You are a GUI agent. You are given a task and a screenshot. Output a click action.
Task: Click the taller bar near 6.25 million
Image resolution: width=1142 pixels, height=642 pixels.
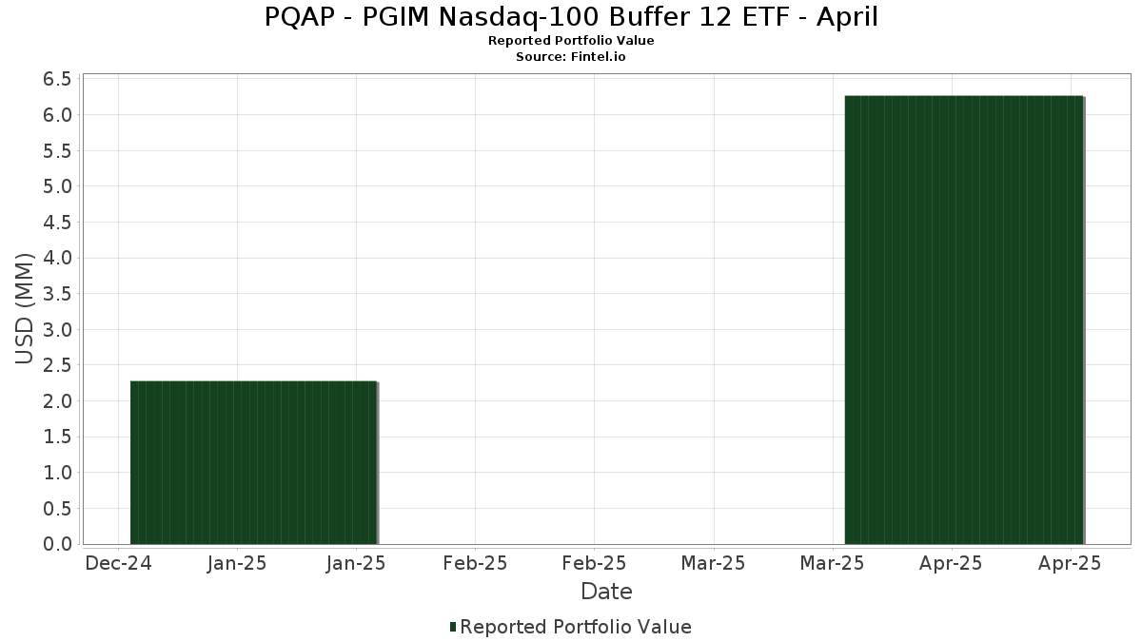(x=964, y=320)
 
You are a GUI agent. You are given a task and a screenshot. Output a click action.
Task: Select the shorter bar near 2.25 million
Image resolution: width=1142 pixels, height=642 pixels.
(x=254, y=462)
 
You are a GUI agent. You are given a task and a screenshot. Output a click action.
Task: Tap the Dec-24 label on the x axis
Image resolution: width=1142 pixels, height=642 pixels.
(x=119, y=563)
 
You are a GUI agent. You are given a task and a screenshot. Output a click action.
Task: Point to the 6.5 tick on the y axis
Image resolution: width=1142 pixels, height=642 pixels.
(x=57, y=79)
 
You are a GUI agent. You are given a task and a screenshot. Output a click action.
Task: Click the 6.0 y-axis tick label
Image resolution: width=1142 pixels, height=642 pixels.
(x=57, y=115)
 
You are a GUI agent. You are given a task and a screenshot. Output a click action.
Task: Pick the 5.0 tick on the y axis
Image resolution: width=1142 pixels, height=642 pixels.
(x=57, y=186)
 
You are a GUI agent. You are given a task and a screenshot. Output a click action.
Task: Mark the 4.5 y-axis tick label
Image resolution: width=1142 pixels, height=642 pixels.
(x=57, y=223)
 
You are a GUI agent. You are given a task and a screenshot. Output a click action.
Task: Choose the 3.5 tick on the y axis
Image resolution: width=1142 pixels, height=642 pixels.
(x=57, y=294)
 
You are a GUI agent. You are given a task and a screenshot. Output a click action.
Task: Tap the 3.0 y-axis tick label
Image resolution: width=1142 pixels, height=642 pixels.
(x=57, y=330)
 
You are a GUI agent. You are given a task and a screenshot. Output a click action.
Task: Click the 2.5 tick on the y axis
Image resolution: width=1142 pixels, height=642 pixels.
(x=57, y=365)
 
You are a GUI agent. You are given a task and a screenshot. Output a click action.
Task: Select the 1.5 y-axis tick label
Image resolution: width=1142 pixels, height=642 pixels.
(x=57, y=437)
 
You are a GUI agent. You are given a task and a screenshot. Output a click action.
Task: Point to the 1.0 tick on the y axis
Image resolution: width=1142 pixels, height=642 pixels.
(x=57, y=473)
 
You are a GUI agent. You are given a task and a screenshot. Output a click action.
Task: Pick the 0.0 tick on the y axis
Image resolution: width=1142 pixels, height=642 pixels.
(x=57, y=544)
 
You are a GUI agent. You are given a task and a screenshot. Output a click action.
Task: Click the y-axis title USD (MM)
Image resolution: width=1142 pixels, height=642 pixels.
(x=25, y=309)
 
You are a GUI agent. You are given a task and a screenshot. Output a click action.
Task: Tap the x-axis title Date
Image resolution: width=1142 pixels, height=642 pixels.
(x=606, y=592)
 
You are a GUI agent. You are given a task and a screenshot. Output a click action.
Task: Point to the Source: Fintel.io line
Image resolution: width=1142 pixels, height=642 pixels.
(x=571, y=56)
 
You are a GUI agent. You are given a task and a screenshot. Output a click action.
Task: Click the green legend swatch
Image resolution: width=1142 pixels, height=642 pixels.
(x=453, y=627)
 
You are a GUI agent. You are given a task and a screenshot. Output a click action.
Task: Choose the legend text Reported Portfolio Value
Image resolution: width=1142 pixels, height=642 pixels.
(x=576, y=627)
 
